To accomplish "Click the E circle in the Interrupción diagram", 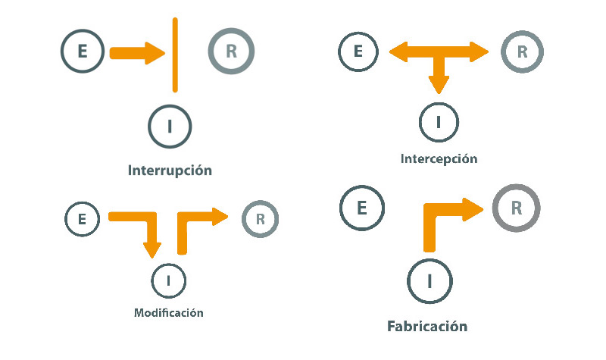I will coord(83,52).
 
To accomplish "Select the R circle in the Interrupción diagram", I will coord(231,52).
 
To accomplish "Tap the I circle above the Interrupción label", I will coord(170,126).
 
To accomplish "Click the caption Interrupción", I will coord(170,170).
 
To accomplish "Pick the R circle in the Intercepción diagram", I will coord(521,52).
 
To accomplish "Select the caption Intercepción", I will coord(439,159).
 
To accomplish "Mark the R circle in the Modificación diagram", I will coord(260,219).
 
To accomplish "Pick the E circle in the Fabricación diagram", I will coord(362,207).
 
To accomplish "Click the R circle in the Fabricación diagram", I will coord(516,207).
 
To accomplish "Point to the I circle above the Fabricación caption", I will coord(430,280).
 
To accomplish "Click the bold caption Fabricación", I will coord(427,327).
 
